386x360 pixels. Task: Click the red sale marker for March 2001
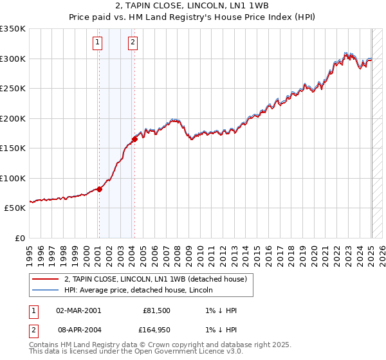[x=99, y=189]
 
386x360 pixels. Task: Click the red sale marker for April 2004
[x=134, y=139]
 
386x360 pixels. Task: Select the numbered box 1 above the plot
[x=97, y=43]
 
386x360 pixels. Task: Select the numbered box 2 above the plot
[x=133, y=43]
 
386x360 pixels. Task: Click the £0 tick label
[x=20, y=238]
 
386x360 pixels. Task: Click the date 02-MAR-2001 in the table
[x=78, y=310]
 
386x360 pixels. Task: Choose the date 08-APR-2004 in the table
[x=78, y=330]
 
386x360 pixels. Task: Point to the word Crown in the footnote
[x=156, y=345]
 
